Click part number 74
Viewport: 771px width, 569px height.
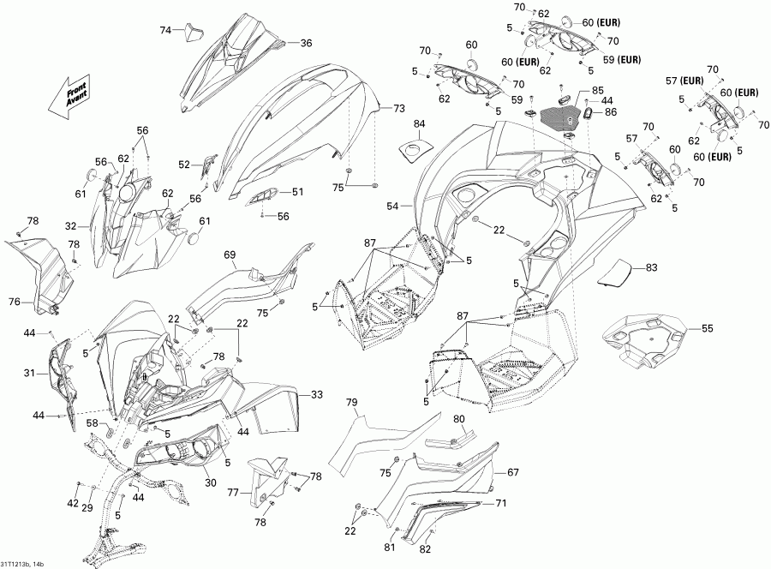[x=166, y=30]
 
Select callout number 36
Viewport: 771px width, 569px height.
[x=306, y=43]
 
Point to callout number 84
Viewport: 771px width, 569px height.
[x=419, y=125]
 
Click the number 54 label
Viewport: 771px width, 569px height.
[x=393, y=207]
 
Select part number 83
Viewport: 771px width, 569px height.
[x=653, y=268]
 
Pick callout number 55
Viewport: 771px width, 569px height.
[x=707, y=328]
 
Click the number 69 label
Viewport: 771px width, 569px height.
[x=230, y=255]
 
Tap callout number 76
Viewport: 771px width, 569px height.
[x=15, y=301]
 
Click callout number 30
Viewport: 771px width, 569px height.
[x=210, y=482]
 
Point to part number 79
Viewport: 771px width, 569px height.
[x=352, y=402]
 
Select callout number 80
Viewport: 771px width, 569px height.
[x=458, y=419]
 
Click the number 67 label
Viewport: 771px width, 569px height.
[x=514, y=472]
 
